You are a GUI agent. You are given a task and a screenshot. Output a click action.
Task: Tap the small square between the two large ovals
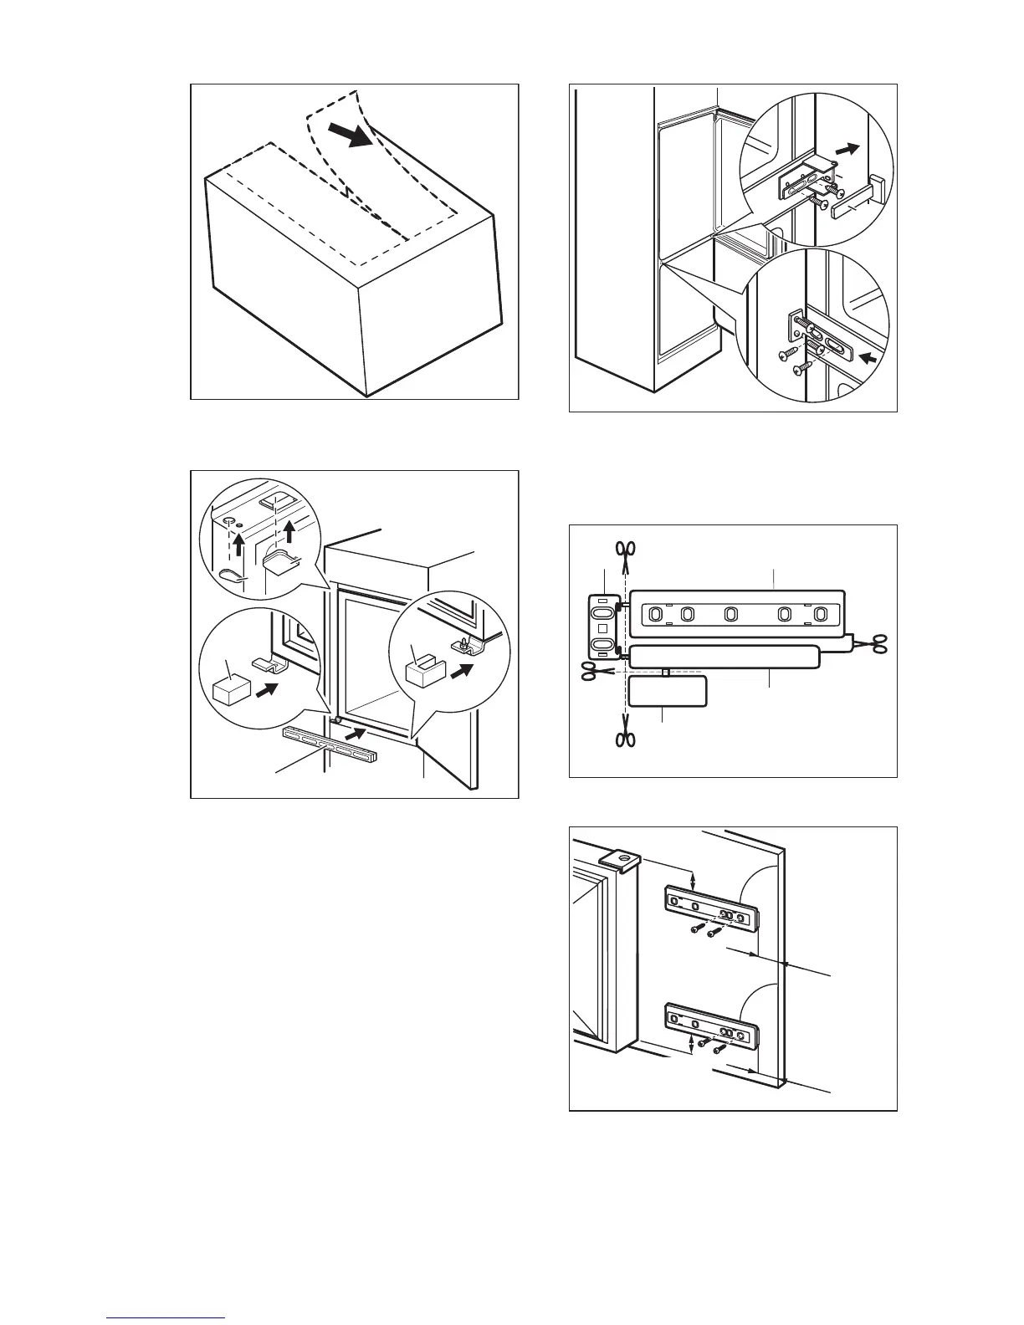point(602,627)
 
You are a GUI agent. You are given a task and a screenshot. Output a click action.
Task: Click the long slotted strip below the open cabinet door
point(330,744)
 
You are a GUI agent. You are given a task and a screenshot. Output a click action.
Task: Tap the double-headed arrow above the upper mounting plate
point(694,880)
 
